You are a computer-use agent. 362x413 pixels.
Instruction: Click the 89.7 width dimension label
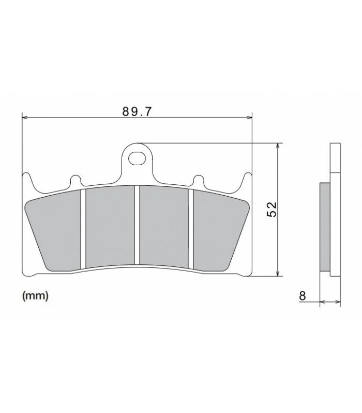(x=137, y=112)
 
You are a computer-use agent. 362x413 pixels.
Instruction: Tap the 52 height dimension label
(x=272, y=209)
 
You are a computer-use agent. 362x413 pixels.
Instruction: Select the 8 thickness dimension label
(x=303, y=295)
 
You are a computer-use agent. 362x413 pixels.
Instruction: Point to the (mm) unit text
(x=36, y=296)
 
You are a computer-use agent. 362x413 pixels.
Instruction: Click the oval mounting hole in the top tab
(x=137, y=158)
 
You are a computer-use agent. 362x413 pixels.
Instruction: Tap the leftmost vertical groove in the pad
(x=83, y=228)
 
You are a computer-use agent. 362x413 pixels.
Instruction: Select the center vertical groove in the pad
(x=137, y=225)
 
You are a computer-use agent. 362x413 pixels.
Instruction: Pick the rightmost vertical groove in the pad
(x=191, y=228)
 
